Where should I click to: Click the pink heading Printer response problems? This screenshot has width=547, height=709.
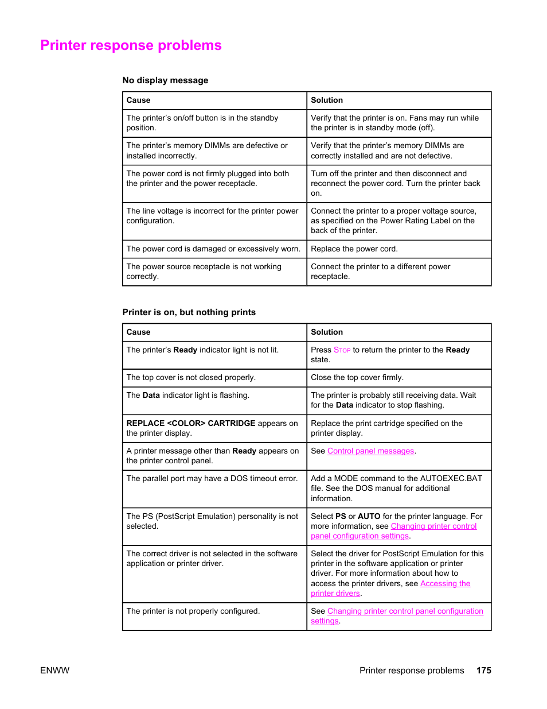click(131, 45)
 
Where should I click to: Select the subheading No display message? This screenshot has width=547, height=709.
click(165, 80)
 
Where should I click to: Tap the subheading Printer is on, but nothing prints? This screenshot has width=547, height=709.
click(189, 312)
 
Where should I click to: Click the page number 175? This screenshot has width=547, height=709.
click(483, 670)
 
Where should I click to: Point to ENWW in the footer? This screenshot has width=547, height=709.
click(54, 670)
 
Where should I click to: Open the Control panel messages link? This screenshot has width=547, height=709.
click(370, 451)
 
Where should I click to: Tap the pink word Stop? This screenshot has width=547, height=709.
click(342, 350)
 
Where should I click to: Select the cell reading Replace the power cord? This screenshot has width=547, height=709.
click(354, 249)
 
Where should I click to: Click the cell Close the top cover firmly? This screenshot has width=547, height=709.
click(357, 378)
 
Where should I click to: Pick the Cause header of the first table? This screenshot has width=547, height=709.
click(138, 100)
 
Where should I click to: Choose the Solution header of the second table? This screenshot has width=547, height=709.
click(327, 332)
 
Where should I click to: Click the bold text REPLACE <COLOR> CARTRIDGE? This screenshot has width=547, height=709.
click(191, 424)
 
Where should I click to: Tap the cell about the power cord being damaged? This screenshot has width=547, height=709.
click(213, 249)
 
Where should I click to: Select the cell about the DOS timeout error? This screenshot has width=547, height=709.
click(212, 479)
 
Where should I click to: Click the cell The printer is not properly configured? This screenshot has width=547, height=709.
click(193, 611)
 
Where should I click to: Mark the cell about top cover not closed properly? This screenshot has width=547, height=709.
click(191, 378)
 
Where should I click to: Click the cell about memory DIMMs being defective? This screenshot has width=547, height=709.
click(207, 151)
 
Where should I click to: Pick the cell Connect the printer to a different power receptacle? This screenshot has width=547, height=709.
click(380, 272)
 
